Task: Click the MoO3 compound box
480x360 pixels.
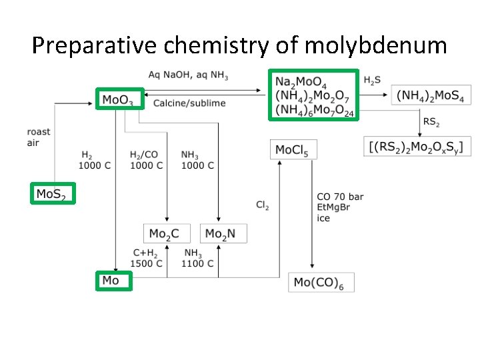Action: point(119,99)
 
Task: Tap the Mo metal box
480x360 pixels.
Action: point(113,281)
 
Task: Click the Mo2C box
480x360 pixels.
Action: point(166,233)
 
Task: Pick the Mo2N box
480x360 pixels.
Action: point(224,233)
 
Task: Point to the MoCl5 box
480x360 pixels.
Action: point(293,149)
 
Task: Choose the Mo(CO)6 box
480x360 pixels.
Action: point(319,282)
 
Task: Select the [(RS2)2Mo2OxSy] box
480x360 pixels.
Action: point(415,146)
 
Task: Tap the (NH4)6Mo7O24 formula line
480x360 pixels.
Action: point(313,110)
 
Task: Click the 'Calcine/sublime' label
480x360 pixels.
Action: point(189,103)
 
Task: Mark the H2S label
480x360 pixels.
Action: point(373,80)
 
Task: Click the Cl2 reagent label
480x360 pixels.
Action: point(262,205)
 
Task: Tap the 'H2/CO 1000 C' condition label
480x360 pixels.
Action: point(145,160)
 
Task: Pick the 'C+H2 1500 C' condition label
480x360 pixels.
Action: point(146,258)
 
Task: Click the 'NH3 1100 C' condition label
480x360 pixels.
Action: point(198,258)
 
